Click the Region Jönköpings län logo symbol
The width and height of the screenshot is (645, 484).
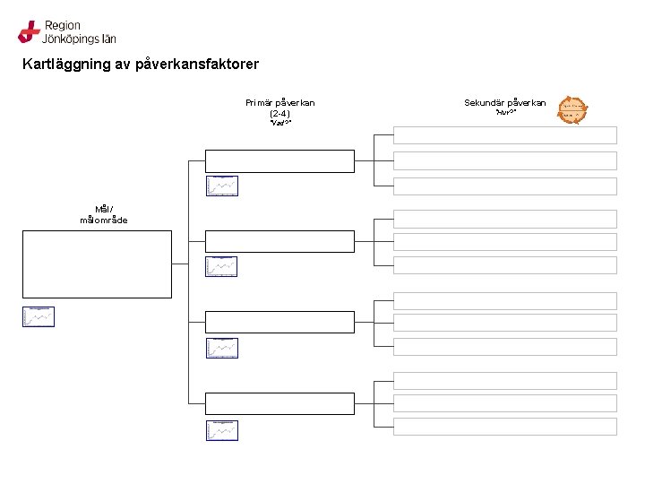pyautogui.click(x=29, y=32)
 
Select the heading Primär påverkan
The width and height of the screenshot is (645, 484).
pyautogui.click(x=279, y=103)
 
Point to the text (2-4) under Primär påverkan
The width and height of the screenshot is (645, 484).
pyautogui.click(x=279, y=114)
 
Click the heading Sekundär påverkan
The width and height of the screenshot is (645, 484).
pyautogui.click(x=504, y=103)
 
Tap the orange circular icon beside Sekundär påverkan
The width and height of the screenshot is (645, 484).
pyautogui.click(x=572, y=110)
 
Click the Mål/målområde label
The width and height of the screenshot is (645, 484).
pyautogui.click(x=104, y=214)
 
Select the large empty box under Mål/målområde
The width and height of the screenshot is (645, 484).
pyautogui.click(x=97, y=264)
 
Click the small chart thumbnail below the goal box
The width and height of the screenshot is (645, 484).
pyautogui.click(x=39, y=316)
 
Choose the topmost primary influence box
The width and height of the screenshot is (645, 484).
pyautogui.click(x=279, y=160)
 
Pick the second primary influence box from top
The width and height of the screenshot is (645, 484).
pyautogui.click(x=279, y=241)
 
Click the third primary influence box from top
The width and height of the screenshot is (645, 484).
pyautogui.click(x=279, y=321)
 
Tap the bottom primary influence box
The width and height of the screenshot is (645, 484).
pyautogui.click(x=279, y=403)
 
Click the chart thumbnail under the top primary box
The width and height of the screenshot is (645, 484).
pyautogui.click(x=221, y=186)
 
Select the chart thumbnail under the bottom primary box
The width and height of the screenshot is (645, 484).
pyautogui.click(x=221, y=430)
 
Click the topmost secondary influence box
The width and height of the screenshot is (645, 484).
pyautogui.click(x=505, y=135)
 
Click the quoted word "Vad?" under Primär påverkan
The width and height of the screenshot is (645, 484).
pyautogui.click(x=279, y=124)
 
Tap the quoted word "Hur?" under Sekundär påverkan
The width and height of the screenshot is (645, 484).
pyautogui.click(x=504, y=113)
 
